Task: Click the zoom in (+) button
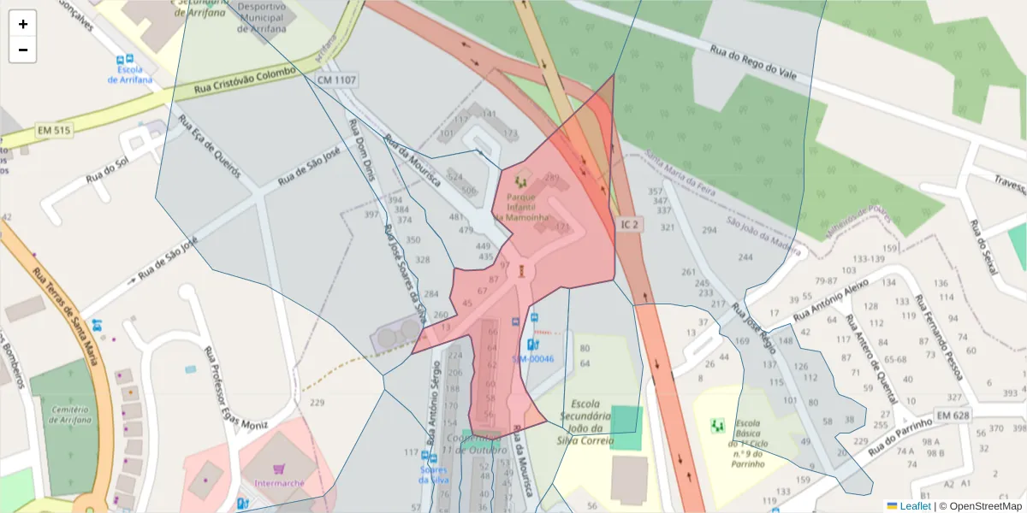23,24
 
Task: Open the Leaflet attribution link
914,506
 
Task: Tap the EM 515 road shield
54,131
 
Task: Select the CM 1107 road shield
336,80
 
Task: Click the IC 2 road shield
630,224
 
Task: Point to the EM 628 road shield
953,416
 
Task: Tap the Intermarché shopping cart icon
278,469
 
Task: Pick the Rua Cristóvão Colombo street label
245,80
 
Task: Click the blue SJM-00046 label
533,359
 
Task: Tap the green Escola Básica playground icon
717,424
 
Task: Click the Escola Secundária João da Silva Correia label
587,422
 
